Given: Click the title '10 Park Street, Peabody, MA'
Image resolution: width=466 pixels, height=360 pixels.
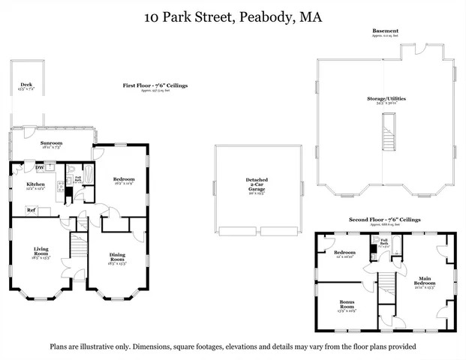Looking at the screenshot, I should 233,16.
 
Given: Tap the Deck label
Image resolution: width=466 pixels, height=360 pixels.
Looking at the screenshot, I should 26,85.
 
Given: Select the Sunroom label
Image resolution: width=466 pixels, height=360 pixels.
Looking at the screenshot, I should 51,143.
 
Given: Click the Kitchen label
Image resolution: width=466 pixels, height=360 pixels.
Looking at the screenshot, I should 36,184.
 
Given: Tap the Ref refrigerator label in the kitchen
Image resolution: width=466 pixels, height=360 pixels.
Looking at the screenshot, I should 32,210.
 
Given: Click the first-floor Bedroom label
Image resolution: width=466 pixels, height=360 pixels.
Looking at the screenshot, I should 123,179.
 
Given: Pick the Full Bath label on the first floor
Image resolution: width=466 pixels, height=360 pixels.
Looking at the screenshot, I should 77,178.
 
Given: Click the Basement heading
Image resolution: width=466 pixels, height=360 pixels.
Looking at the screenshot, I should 386,31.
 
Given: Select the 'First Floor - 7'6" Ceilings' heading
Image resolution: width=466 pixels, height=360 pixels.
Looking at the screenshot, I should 155,86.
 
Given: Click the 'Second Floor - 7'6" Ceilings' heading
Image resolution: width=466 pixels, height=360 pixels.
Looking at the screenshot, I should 384,220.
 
